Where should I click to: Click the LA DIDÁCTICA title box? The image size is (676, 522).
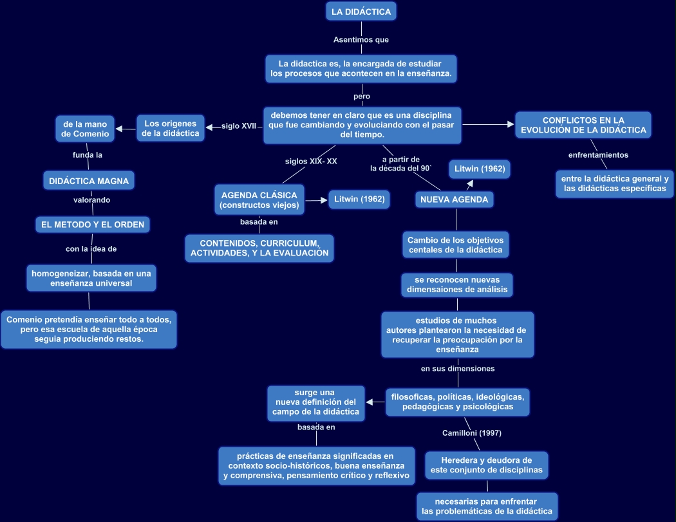click(x=361, y=12)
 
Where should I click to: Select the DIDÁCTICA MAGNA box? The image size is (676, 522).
click(x=89, y=181)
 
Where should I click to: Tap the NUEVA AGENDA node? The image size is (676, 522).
click(x=454, y=200)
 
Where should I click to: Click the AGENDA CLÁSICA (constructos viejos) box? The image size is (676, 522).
click(x=259, y=200)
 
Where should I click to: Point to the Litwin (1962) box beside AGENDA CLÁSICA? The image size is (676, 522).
click(x=359, y=200)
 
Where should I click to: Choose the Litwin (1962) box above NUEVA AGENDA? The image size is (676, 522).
click(x=479, y=169)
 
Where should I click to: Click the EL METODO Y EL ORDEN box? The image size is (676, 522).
click(x=93, y=224)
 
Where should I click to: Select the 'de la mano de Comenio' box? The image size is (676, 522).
click(x=85, y=128)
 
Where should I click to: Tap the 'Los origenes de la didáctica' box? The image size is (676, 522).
click(x=171, y=127)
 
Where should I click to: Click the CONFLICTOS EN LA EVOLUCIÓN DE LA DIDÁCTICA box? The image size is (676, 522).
click(x=583, y=125)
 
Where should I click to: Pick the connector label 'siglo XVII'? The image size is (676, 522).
click(x=239, y=126)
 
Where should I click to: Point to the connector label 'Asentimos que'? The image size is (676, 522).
click(x=361, y=40)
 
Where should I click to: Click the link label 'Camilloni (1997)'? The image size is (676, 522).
click(x=472, y=433)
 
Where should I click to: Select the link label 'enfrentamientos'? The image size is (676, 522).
click(x=598, y=155)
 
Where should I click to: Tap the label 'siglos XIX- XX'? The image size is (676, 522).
click(x=311, y=162)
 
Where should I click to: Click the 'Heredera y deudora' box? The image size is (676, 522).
click(x=486, y=465)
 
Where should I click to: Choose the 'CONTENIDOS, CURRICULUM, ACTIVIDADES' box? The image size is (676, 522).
click(x=259, y=248)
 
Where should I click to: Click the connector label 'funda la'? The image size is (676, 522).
click(x=88, y=155)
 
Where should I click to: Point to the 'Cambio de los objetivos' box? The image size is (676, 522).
click(x=455, y=245)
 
